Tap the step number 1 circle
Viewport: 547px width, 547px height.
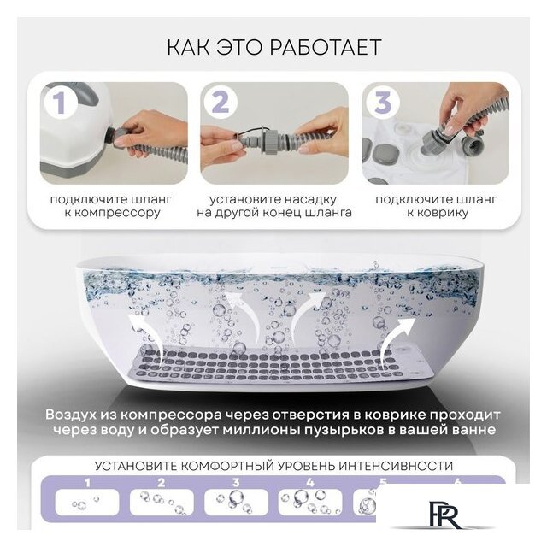(61, 102)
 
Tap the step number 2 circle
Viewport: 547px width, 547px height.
(221, 102)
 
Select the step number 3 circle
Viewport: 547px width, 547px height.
(382, 102)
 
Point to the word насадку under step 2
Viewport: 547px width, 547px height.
(309, 199)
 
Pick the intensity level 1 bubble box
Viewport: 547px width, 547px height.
(87, 503)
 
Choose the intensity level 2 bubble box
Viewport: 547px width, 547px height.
(162, 503)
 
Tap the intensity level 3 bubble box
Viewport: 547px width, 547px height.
(236, 503)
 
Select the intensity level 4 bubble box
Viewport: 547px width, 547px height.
(310, 503)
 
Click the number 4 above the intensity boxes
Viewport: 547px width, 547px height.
(310, 483)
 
